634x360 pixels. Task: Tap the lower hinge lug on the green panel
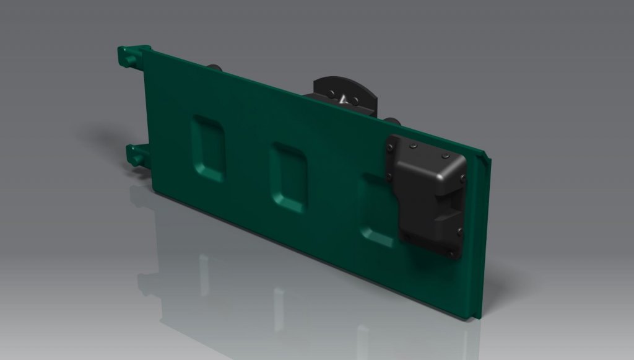click(x=135, y=155)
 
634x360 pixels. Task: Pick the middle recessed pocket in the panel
click(x=289, y=177)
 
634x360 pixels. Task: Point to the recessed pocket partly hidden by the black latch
click(x=375, y=214)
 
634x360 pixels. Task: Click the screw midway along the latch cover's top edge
click(x=413, y=146)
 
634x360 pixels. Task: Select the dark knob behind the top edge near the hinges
click(x=215, y=66)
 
